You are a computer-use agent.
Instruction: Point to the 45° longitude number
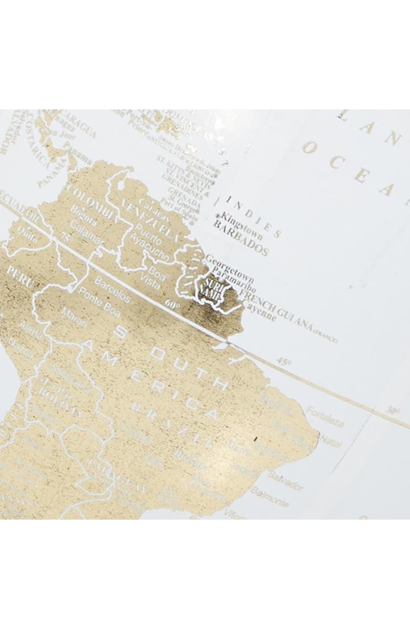(x=284, y=362)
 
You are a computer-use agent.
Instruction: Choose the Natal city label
(x=331, y=441)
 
